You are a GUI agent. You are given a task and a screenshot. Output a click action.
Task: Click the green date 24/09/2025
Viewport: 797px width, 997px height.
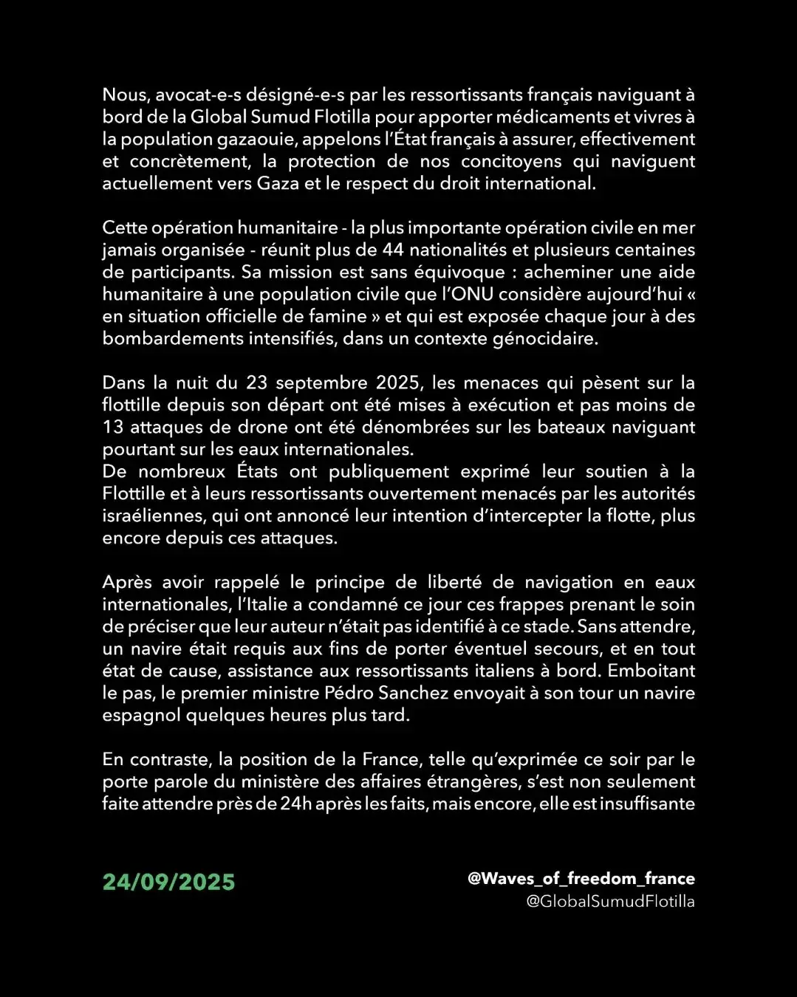(168, 882)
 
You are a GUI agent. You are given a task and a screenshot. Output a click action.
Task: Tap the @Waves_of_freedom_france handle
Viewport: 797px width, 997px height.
(581, 879)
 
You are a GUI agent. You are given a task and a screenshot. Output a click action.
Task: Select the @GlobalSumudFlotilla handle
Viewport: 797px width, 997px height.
(610, 901)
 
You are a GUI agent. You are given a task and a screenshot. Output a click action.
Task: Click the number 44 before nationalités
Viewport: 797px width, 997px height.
(394, 250)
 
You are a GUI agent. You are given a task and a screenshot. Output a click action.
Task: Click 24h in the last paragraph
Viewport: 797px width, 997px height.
(295, 804)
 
